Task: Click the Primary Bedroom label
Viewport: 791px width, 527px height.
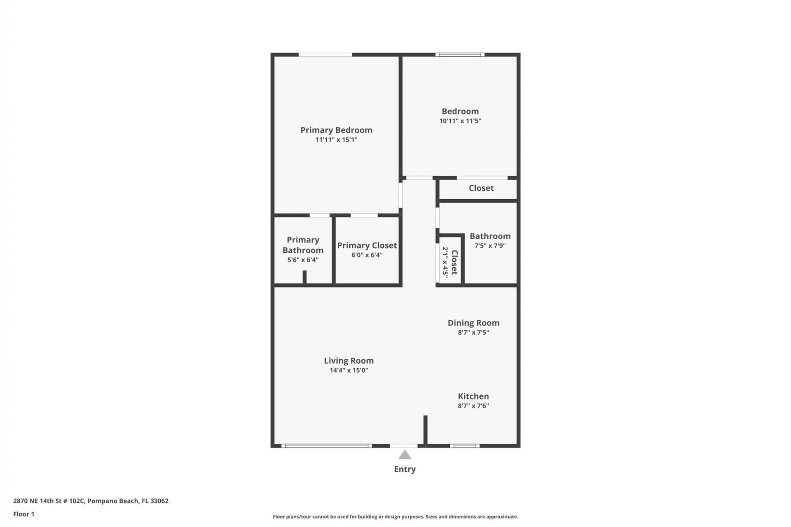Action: [336, 130]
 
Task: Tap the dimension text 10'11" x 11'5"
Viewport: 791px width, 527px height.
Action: [460, 121]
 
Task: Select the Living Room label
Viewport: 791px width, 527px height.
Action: [349, 361]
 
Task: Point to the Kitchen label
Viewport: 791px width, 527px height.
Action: [473, 396]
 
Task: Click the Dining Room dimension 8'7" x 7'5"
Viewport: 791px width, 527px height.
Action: [473, 333]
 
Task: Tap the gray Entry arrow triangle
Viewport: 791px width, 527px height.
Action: [405, 455]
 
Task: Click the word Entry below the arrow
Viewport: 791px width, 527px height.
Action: [405, 469]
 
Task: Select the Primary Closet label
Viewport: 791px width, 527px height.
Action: [367, 245]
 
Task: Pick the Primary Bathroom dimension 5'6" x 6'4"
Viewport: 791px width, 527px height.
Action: [303, 260]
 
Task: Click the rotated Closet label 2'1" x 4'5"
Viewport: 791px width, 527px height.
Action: [450, 262]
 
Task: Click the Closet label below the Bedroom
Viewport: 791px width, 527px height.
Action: [481, 188]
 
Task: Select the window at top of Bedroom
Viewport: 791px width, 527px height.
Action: [460, 54]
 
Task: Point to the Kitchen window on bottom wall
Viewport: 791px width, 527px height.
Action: [464, 445]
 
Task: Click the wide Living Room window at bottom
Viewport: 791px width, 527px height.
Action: [326, 445]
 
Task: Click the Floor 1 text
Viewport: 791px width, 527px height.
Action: [24, 514]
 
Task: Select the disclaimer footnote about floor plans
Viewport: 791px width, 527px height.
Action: [395, 517]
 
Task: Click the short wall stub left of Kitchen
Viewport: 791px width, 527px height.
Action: [426, 430]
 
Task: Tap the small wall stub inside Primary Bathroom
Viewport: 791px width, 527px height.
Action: [304, 277]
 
